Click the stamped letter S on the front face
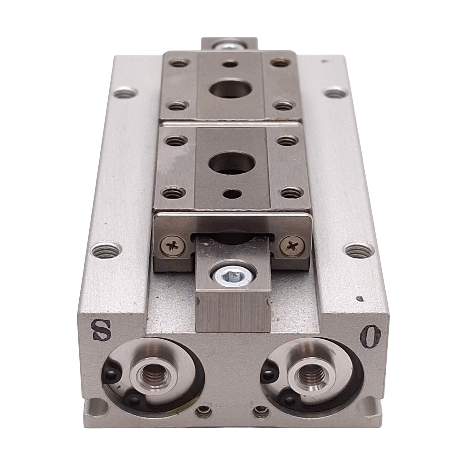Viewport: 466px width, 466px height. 101,330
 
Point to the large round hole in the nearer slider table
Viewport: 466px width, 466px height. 232,164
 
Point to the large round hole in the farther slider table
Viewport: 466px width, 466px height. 230,89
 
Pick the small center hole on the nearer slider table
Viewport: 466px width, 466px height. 233,193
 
